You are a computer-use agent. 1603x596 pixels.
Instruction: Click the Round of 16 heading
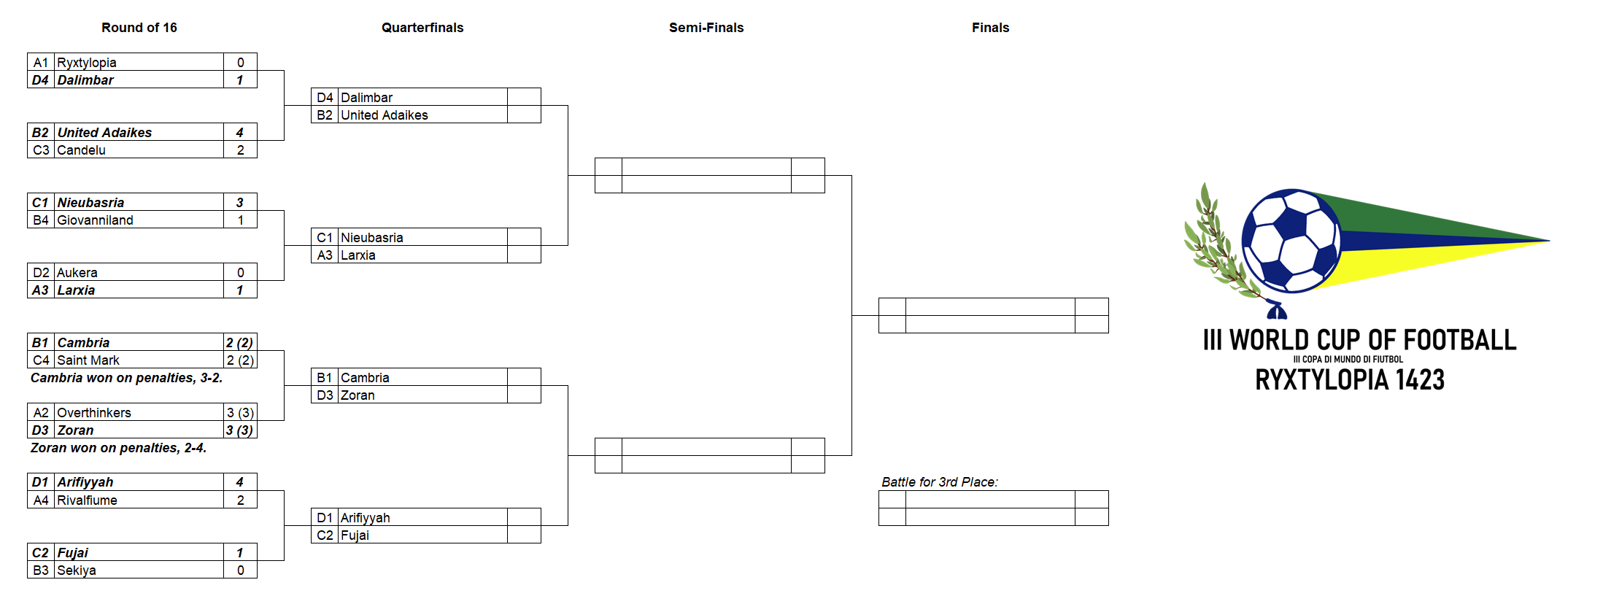coord(139,28)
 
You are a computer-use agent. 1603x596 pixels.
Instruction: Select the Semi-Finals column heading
coord(706,28)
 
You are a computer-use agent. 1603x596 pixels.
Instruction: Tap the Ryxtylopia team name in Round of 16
coord(87,63)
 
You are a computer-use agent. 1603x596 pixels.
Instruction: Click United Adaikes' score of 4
coord(240,132)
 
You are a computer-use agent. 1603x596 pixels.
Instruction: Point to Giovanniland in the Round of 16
coord(95,220)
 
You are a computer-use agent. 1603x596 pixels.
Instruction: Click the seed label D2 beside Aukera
coord(41,273)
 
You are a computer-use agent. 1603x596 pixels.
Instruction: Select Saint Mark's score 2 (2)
coord(240,360)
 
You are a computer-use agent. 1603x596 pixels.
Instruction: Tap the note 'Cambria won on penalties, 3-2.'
coord(126,378)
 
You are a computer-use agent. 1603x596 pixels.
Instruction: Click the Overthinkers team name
coord(94,413)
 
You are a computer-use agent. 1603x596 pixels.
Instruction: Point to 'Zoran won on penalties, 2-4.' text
coord(118,448)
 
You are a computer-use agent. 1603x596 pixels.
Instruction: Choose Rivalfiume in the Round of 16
coord(87,500)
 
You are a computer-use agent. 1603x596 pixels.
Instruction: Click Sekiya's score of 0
coord(240,570)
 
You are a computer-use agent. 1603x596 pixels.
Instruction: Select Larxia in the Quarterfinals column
coord(358,255)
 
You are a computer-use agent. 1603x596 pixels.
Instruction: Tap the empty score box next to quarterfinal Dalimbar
coord(524,97)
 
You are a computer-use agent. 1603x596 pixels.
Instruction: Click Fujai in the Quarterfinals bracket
coord(355,535)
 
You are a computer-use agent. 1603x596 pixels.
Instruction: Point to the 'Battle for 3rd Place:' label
coord(940,482)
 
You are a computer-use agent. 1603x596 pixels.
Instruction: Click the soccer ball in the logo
coord(1291,241)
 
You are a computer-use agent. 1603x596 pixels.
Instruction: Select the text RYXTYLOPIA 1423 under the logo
coord(1350,379)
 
